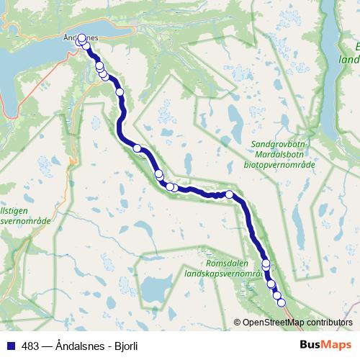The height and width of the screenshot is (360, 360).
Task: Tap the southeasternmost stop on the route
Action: click(281, 302)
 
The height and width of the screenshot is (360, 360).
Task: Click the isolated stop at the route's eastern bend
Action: click(230, 194)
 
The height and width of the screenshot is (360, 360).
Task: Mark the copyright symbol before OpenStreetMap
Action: click(238, 323)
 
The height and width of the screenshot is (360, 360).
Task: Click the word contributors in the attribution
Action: click(330, 323)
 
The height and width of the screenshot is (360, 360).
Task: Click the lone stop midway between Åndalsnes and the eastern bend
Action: click(137, 148)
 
